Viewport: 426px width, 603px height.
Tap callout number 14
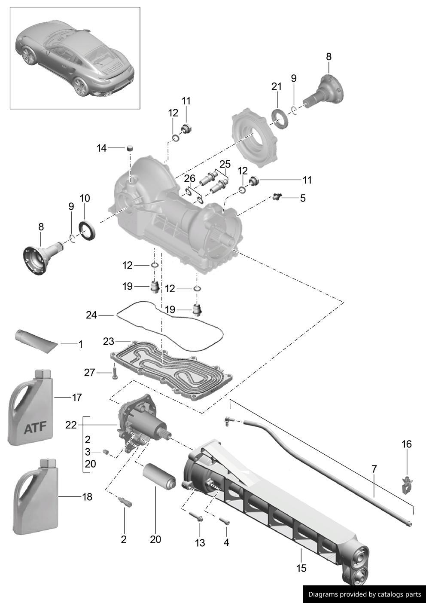pyautogui.click(x=102, y=148)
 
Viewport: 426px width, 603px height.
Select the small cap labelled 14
pyautogui.click(x=129, y=148)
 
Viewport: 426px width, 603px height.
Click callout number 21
pyautogui.click(x=277, y=86)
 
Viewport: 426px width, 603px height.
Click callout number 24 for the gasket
pyautogui.click(x=91, y=315)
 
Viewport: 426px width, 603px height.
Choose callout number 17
pyautogui.click(x=77, y=398)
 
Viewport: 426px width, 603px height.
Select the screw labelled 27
pyautogui.click(x=115, y=372)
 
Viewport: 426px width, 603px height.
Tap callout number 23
pyautogui.click(x=109, y=342)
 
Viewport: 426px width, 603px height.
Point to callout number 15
pyautogui.click(x=301, y=568)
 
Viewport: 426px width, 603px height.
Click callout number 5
pyautogui.click(x=303, y=198)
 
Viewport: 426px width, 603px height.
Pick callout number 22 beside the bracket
pyautogui.click(x=71, y=425)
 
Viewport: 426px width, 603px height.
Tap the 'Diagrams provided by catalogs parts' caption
pyautogui.click(x=365, y=594)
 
